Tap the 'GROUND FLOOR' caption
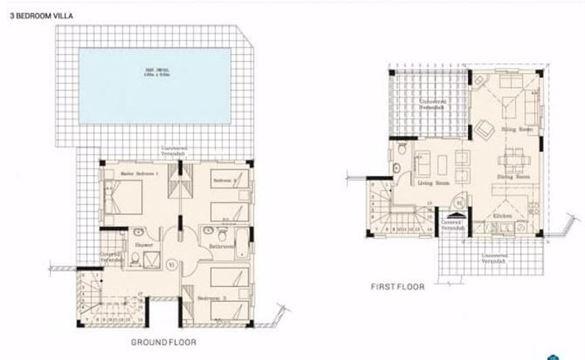(163, 341)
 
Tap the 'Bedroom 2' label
(224, 180)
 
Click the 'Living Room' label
(432, 183)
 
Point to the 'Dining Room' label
(513, 177)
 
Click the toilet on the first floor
(402, 150)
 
